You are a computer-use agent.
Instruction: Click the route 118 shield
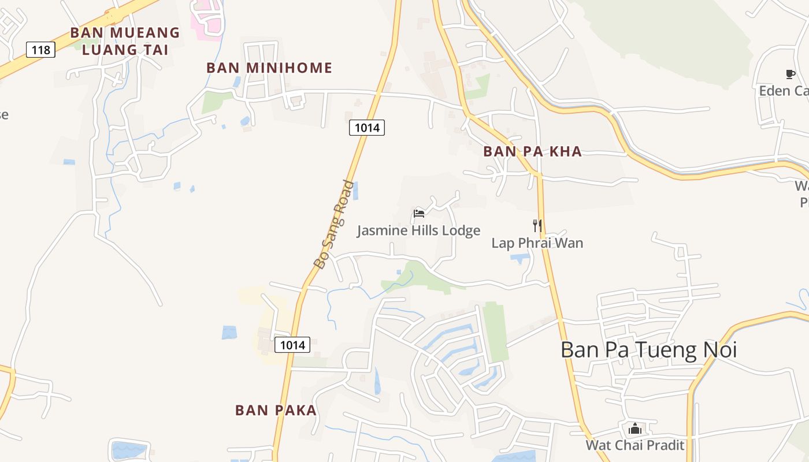(x=40, y=50)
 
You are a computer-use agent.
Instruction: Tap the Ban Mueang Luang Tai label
(x=125, y=40)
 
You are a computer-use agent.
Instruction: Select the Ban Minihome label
(x=269, y=68)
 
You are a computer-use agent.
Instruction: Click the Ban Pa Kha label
(x=532, y=151)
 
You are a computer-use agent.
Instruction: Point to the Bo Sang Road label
(x=334, y=225)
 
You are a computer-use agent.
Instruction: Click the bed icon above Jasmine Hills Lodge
(x=419, y=214)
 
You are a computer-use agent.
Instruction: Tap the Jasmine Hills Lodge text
(x=418, y=230)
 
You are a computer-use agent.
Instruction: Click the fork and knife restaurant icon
(x=537, y=225)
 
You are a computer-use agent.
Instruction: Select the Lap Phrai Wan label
(x=537, y=243)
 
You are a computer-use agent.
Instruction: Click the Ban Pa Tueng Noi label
(x=648, y=349)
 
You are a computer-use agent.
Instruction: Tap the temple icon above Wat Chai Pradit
(x=635, y=429)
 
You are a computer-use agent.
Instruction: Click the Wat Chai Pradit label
(x=634, y=445)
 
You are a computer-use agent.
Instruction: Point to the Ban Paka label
(x=276, y=410)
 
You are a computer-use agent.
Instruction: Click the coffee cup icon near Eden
(x=790, y=74)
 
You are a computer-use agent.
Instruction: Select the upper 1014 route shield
(x=366, y=128)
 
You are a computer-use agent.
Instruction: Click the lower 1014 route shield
(x=292, y=345)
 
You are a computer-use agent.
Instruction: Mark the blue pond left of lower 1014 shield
(x=229, y=333)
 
